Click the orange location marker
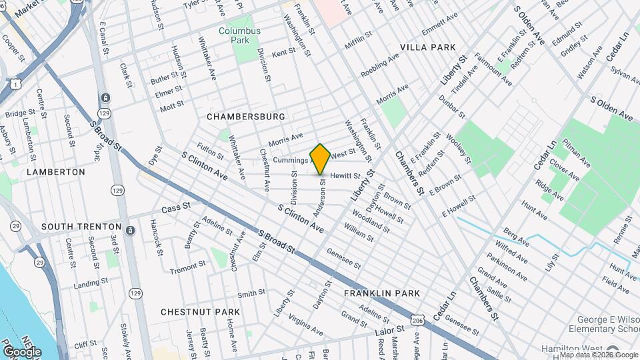pyautogui.click(x=321, y=159)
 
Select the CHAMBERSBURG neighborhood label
pyautogui.click(x=245, y=117)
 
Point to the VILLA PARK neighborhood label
pyautogui.click(x=428, y=47)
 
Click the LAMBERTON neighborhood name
pyautogui.click(x=56, y=172)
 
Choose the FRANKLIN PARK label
pyautogui.click(x=382, y=293)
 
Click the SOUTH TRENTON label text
pyautogui.click(x=81, y=227)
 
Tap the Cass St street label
pyautogui.click(x=171, y=209)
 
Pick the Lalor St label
pyautogui.click(x=390, y=331)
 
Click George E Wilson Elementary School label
pyautogui.click(x=603, y=324)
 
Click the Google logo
pyautogui.click(x=22, y=351)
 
